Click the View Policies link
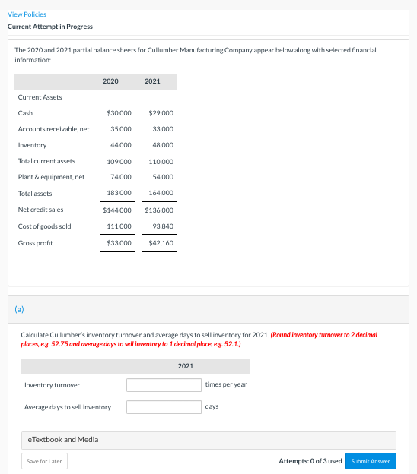click(27, 14)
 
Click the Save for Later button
click(44, 461)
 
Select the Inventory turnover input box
click(164, 385)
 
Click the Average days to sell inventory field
click(164, 407)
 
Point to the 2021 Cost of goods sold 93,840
click(163, 226)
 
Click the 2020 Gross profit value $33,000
click(119, 243)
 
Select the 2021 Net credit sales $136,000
click(159, 210)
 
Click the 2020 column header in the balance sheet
click(110, 81)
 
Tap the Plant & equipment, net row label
click(51, 177)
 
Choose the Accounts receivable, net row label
click(53, 129)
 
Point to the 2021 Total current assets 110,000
click(161, 161)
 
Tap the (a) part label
click(19, 308)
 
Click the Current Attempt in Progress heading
click(50, 27)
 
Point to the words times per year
click(226, 384)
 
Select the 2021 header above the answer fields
click(186, 366)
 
